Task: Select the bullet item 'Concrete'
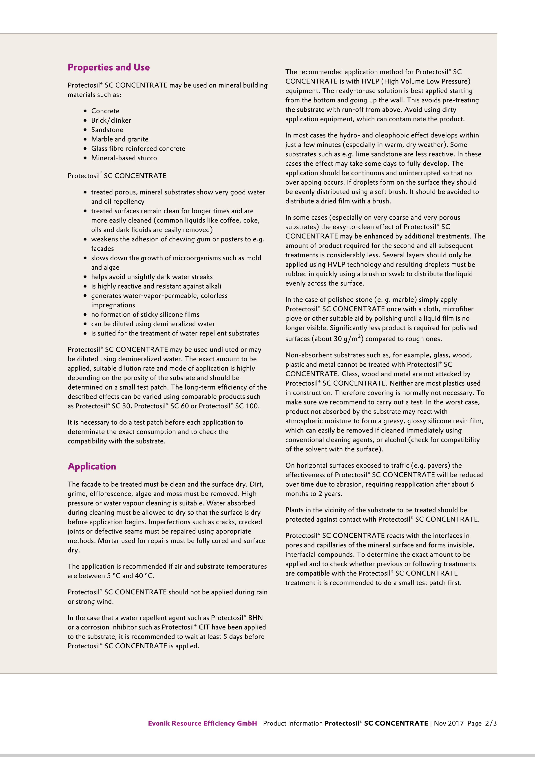point(105,111)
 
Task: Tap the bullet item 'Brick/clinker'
point(111,120)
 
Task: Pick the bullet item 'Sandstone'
point(107,130)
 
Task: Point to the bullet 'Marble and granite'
point(120,139)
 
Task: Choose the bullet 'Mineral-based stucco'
point(124,158)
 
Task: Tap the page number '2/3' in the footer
point(491,723)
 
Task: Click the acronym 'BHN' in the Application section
point(255,618)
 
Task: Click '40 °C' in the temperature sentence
point(144,576)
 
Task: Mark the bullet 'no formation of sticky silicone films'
point(145,315)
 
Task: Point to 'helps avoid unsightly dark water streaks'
point(152,277)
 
